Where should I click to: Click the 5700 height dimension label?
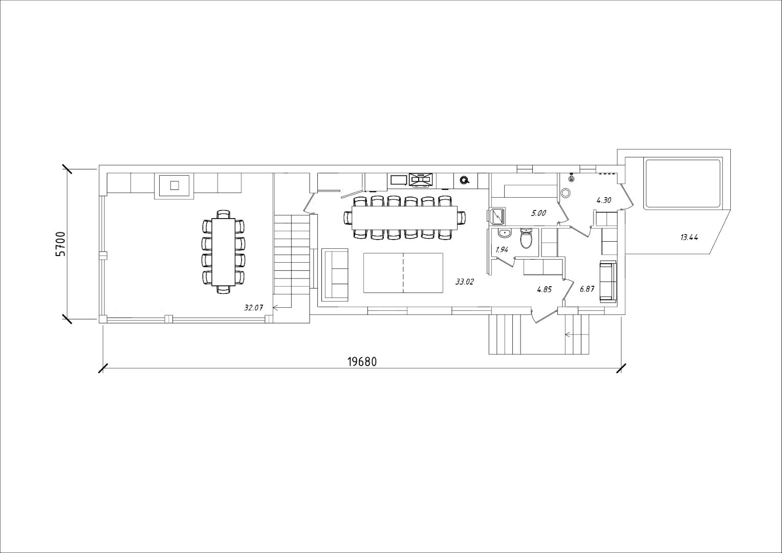[x=60, y=244]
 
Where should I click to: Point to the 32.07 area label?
[x=253, y=308]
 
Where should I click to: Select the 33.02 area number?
[x=465, y=282]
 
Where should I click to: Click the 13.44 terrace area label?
[x=689, y=238]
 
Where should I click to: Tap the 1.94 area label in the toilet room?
[x=502, y=249]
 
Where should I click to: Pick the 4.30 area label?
[x=604, y=201]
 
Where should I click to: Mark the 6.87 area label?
[x=587, y=289]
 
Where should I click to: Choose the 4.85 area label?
[x=544, y=289]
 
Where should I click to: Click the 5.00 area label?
[x=538, y=212]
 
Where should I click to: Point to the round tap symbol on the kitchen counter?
[x=464, y=180]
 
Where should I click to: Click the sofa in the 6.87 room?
[x=608, y=282]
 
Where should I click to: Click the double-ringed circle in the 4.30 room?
[x=565, y=193]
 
